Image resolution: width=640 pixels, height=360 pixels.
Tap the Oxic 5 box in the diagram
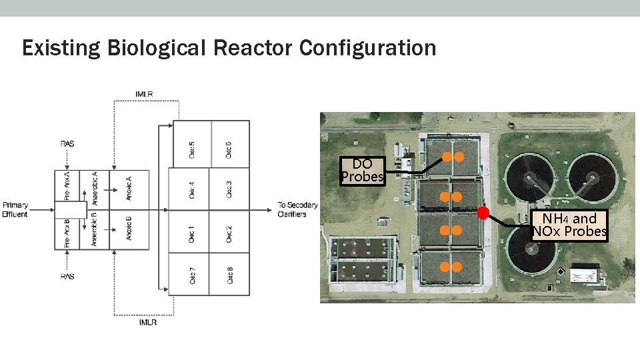click(192, 143)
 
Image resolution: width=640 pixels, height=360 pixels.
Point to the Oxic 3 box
click(229, 189)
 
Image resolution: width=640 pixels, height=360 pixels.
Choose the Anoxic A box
click(129, 189)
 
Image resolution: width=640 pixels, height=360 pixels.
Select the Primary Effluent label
click(15, 209)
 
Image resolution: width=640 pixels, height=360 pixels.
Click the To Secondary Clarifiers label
click(297, 209)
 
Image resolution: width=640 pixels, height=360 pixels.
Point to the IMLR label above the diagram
click(144, 94)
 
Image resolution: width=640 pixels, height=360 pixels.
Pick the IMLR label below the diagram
click(147, 323)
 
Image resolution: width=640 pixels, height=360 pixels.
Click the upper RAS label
click(67, 143)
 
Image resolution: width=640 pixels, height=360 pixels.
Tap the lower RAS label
click(67, 276)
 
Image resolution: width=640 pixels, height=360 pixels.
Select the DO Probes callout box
click(362, 170)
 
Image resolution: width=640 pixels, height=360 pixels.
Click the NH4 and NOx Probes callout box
click(569, 225)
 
